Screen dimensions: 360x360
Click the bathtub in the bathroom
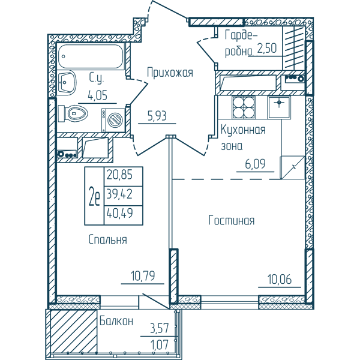(x=91, y=56)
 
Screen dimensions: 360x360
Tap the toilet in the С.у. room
(x=73, y=113)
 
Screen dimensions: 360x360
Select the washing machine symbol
(x=113, y=120)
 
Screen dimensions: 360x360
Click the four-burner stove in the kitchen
(x=244, y=107)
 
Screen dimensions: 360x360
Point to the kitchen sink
(x=279, y=107)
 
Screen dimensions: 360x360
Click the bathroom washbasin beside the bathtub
(x=67, y=82)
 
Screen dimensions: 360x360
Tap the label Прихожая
(x=170, y=73)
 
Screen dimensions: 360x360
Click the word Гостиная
(x=232, y=220)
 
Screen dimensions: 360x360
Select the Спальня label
(x=107, y=239)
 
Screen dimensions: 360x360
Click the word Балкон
(x=116, y=321)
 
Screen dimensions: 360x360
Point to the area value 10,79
(x=143, y=276)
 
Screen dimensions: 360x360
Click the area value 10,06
(x=280, y=279)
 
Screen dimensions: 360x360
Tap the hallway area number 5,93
(x=157, y=116)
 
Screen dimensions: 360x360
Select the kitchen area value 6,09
(x=256, y=164)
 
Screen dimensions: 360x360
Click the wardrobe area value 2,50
(x=267, y=48)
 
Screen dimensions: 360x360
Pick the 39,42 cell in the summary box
(x=119, y=194)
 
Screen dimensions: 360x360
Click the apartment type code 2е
(x=94, y=196)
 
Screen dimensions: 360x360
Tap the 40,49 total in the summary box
(x=119, y=213)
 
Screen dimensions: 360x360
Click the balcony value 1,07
(x=160, y=344)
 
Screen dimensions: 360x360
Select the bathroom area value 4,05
(x=98, y=95)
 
